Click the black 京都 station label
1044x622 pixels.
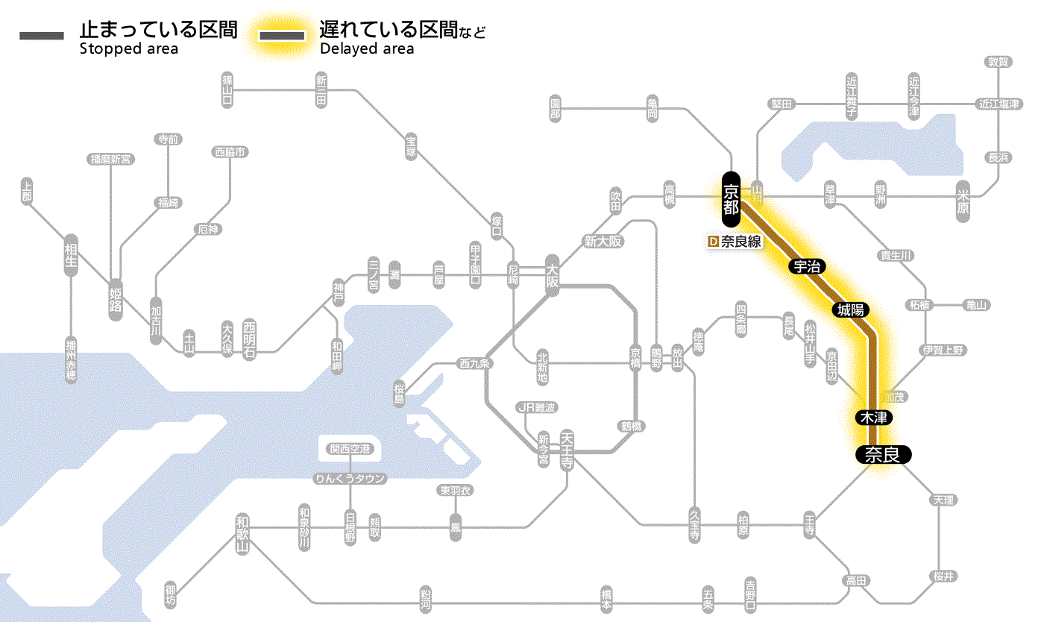tap(731, 199)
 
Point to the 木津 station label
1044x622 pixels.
tap(873, 418)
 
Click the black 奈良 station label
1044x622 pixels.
tap(882, 454)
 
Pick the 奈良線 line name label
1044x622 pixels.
tap(740, 242)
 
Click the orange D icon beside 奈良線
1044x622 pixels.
tap(712, 242)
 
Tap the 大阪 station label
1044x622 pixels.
tap(552, 277)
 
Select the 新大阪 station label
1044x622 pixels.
tap(603, 242)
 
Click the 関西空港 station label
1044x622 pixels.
tap(350, 449)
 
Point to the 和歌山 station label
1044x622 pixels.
tap(242, 532)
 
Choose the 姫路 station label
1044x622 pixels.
tap(116, 299)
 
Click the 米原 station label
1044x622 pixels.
tap(963, 201)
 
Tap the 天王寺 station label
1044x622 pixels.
tap(567, 450)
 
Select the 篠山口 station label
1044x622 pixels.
tap(227, 90)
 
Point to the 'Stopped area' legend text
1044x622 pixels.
tap(129, 49)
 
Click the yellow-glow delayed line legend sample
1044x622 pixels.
tap(282, 36)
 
